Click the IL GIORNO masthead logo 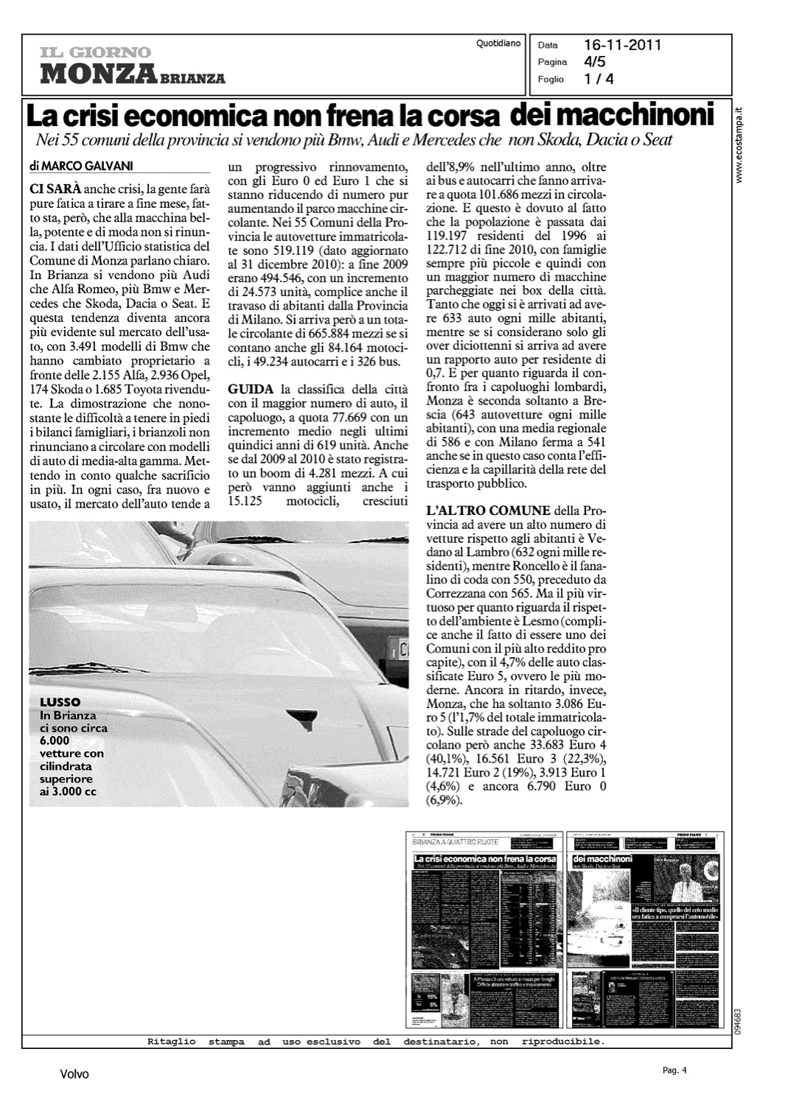pyautogui.click(x=97, y=52)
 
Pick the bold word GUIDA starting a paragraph pyautogui.click(x=251, y=388)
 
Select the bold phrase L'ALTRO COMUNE pyautogui.click(x=488, y=511)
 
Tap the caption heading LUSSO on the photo pyautogui.click(x=60, y=701)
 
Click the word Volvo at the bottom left pyautogui.click(x=74, y=1075)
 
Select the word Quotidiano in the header pyautogui.click(x=498, y=44)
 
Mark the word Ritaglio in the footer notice pyautogui.click(x=172, y=1042)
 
